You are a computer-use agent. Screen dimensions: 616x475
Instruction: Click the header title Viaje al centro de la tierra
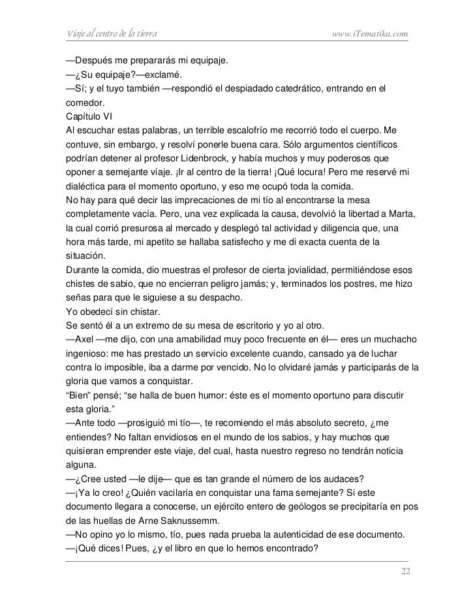(x=110, y=33)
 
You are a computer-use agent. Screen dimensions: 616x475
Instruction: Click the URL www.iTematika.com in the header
(x=370, y=33)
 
